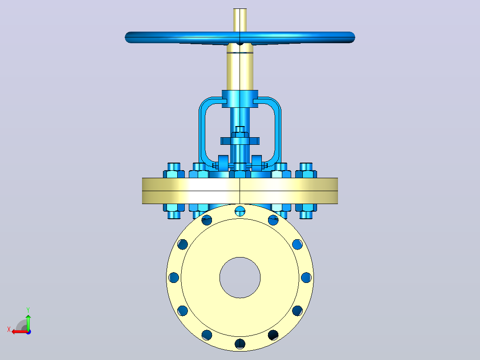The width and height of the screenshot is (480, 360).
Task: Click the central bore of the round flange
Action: (x=240, y=278)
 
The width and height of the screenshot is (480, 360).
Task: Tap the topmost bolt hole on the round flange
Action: (x=240, y=211)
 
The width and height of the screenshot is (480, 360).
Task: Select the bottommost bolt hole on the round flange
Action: (x=240, y=344)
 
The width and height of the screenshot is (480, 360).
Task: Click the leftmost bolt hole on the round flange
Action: (x=174, y=278)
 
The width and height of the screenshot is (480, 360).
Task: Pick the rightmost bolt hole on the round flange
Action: (x=306, y=278)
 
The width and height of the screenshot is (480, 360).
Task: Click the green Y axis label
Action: (x=28, y=310)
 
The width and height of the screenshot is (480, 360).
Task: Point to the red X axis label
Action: (x=9, y=330)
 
